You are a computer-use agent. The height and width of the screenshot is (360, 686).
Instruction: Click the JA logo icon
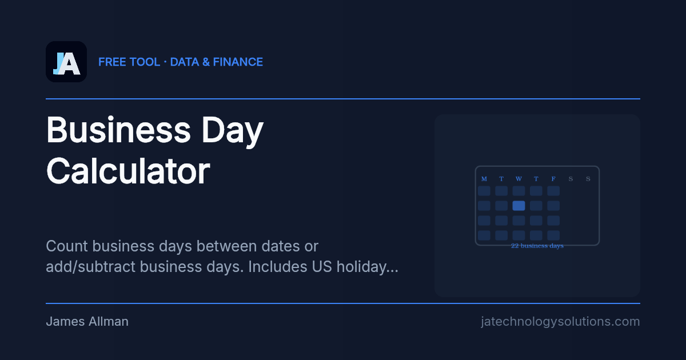point(66,62)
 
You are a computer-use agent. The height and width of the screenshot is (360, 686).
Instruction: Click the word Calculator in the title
point(128,171)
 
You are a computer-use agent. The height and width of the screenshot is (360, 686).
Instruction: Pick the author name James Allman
point(87,322)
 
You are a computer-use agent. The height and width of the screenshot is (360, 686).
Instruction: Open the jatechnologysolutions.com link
point(560,322)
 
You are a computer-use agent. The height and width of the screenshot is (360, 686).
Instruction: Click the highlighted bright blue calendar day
point(519,206)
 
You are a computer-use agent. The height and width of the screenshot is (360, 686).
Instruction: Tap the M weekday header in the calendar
point(484,179)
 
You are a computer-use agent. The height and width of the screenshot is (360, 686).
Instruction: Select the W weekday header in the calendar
point(519,179)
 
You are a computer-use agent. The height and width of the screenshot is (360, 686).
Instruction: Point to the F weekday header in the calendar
point(553,179)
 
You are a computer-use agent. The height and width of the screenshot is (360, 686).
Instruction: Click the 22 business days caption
point(537,246)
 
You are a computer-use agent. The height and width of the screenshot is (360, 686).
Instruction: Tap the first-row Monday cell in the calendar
point(484,191)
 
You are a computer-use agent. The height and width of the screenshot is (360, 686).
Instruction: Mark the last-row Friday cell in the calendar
point(553,235)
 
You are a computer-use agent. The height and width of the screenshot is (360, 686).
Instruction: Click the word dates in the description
point(274,246)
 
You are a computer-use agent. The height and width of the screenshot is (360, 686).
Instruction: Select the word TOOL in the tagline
point(145,62)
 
